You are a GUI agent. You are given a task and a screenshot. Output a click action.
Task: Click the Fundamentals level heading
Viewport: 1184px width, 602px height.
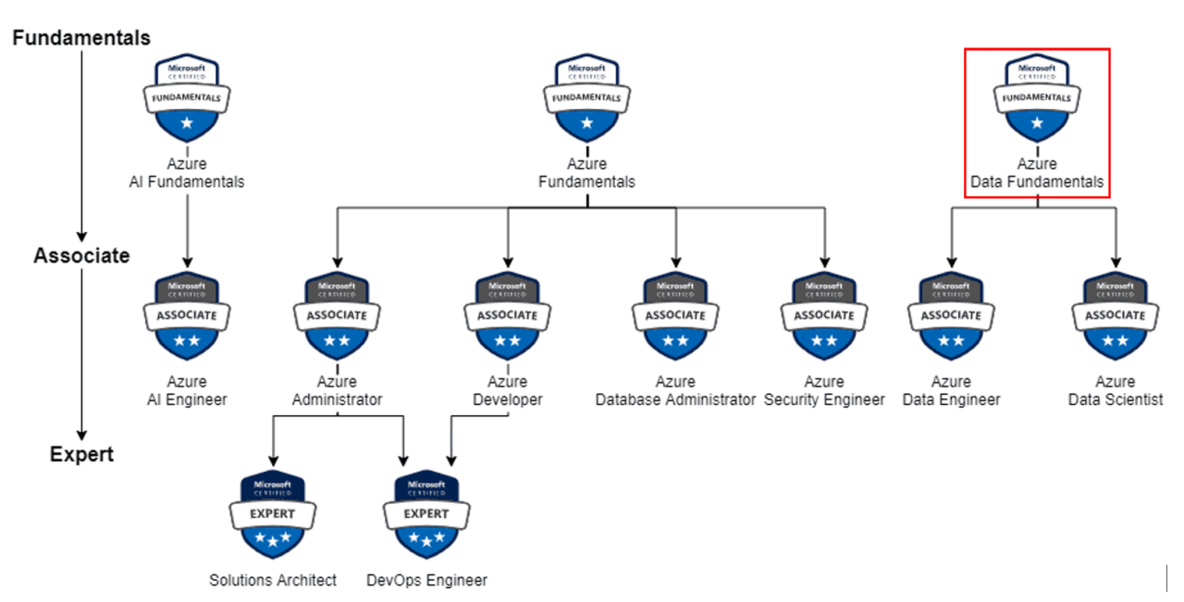(81, 38)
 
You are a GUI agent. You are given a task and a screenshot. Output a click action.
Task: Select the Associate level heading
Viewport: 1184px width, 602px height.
(81, 255)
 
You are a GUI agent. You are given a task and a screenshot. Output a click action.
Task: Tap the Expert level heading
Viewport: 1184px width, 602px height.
(81, 454)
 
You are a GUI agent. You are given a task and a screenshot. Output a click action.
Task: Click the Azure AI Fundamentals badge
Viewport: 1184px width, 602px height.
(187, 96)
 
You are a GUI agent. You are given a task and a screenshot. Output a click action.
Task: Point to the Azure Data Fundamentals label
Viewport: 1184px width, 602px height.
(1037, 173)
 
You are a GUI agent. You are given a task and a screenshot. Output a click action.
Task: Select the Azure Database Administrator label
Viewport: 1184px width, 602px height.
(675, 390)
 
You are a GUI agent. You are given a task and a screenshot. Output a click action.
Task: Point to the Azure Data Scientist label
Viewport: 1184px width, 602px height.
(1116, 390)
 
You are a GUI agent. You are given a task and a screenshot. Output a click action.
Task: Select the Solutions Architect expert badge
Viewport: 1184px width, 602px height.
(273, 514)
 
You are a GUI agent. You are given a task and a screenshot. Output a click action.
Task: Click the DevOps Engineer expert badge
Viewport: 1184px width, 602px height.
(426, 514)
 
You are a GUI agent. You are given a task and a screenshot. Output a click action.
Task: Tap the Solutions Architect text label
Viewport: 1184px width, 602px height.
(273, 580)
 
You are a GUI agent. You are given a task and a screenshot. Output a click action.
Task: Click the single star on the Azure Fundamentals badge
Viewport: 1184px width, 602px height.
(586, 122)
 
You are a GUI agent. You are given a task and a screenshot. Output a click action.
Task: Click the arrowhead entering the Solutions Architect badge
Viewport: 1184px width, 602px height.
(273, 461)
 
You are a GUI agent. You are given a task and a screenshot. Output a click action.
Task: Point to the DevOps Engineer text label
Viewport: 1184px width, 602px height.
(426, 580)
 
